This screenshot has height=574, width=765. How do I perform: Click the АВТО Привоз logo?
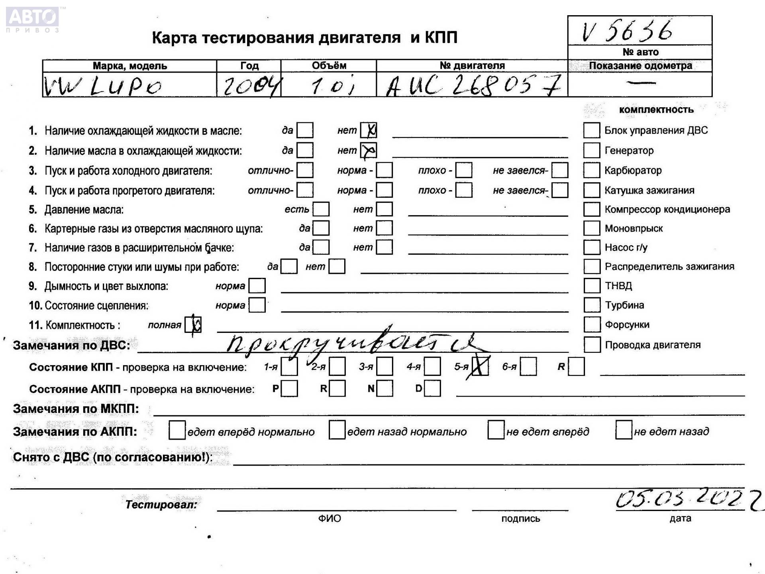(x=33, y=19)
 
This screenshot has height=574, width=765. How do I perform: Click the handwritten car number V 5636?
(x=627, y=31)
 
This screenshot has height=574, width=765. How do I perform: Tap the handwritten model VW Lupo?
(x=103, y=86)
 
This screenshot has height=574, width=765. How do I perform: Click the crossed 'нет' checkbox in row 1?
(x=369, y=130)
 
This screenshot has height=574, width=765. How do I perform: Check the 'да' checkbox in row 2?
(x=305, y=150)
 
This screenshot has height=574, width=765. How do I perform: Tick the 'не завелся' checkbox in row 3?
(x=560, y=170)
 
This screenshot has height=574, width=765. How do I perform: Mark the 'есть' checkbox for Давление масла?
(x=321, y=209)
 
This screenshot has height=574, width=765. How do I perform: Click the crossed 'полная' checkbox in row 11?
(x=194, y=325)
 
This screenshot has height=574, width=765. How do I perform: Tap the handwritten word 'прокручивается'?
(x=351, y=344)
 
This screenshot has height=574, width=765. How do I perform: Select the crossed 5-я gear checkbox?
(x=480, y=367)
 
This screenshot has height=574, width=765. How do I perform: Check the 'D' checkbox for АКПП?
(x=432, y=388)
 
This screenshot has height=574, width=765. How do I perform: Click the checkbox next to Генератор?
(x=592, y=150)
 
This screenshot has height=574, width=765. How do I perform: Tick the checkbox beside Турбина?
(x=592, y=305)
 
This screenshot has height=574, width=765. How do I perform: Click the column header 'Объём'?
(x=329, y=65)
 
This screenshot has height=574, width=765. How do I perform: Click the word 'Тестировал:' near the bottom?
(x=161, y=505)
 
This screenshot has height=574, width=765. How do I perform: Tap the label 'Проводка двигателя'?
(x=652, y=345)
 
